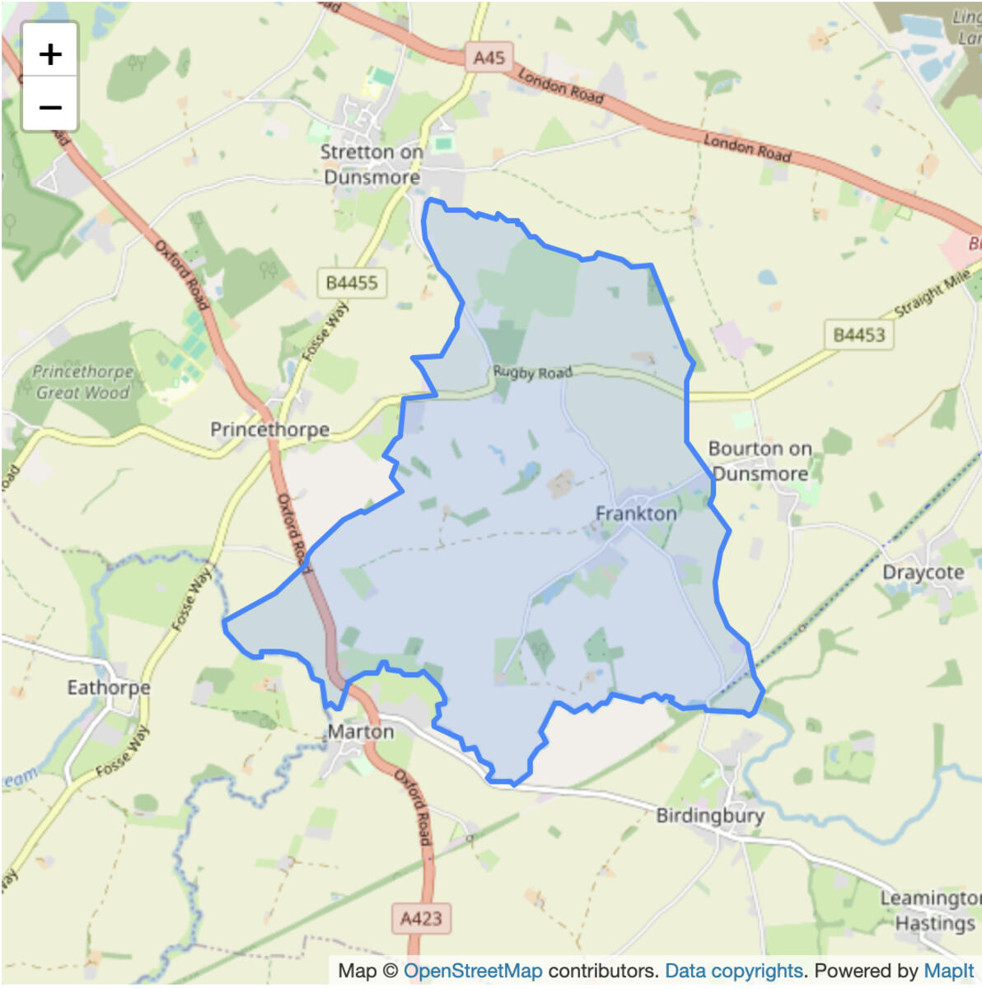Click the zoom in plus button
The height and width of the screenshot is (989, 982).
(50, 54)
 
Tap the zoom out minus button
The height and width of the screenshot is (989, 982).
(50, 106)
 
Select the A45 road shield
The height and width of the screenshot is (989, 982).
(489, 58)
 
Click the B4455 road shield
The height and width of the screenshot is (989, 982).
(352, 283)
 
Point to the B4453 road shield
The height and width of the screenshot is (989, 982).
(858, 335)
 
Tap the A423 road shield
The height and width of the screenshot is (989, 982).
(421, 918)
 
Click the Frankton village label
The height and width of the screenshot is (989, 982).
(636, 513)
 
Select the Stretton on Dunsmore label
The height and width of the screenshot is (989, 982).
(372, 165)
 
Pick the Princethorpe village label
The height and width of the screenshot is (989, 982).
(269, 429)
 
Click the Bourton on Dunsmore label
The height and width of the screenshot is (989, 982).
(760, 461)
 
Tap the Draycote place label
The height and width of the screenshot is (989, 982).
(923, 572)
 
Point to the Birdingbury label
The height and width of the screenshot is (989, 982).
(710, 816)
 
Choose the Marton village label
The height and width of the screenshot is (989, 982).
(361, 732)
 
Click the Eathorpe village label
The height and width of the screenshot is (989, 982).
(109, 687)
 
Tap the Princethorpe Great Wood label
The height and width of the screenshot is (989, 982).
(82, 382)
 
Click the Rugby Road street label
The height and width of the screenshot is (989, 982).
(532, 373)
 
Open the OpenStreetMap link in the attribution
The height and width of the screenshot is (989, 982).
(473, 971)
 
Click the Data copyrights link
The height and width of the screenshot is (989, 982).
(733, 971)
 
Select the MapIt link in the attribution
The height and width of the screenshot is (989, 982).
(949, 971)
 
